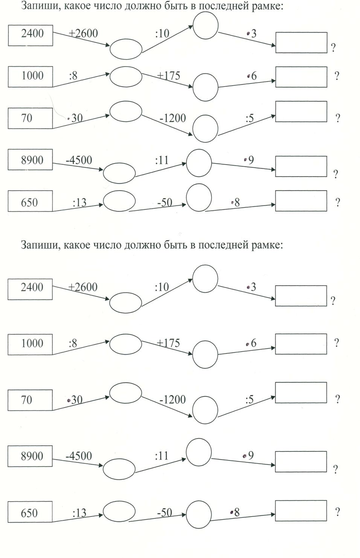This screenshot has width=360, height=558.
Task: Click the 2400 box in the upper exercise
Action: (x=31, y=35)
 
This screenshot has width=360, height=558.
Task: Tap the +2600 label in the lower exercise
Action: (x=83, y=287)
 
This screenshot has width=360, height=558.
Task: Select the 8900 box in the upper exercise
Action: (x=31, y=160)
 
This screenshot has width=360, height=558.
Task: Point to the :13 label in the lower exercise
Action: (x=79, y=513)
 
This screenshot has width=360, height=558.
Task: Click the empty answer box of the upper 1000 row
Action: (x=301, y=76)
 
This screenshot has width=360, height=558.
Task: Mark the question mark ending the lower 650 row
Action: (x=337, y=512)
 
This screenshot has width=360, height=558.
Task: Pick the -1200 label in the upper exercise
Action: (x=172, y=118)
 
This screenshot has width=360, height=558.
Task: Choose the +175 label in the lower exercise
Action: (x=168, y=343)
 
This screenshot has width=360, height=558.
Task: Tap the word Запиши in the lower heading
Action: (x=40, y=245)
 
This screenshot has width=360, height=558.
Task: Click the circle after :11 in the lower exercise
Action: (x=199, y=452)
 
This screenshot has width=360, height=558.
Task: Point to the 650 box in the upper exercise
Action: (x=31, y=203)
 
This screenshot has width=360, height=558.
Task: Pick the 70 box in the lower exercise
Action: (x=30, y=400)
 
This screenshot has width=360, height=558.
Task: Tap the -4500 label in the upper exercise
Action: (x=79, y=160)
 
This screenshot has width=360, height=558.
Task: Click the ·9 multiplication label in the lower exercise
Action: (x=249, y=456)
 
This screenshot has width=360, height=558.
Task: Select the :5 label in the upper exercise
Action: (x=249, y=119)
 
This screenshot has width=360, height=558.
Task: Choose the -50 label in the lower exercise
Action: (x=164, y=512)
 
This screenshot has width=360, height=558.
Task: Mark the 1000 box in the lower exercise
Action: (x=31, y=343)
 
